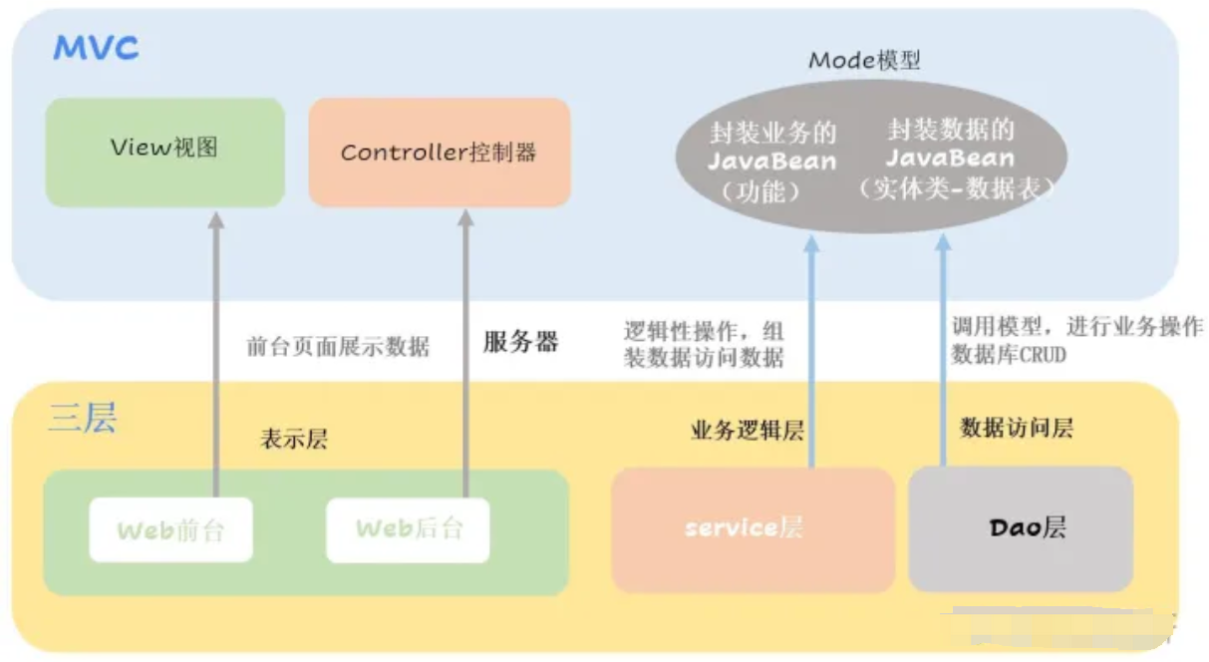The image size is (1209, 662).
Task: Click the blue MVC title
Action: click(96, 48)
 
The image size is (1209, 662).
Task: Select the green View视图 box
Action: click(165, 153)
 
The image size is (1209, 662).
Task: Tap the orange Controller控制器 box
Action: click(440, 153)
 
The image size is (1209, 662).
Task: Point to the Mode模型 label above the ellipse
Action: click(864, 60)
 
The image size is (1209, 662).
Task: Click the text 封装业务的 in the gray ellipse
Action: click(772, 133)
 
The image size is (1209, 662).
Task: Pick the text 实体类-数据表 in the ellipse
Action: click(957, 188)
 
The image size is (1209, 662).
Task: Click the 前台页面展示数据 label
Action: click(338, 346)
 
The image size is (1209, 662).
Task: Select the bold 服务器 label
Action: click(520, 342)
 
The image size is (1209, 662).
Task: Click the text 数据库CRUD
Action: click(1009, 355)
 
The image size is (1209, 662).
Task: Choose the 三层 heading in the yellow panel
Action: click(83, 418)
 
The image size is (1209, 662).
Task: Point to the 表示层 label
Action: click(294, 439)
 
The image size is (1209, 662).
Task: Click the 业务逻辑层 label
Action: click(748, 431)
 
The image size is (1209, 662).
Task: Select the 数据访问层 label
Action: click(1017, 428)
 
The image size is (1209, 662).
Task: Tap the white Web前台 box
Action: click(170, 529)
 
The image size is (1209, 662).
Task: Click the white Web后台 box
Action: click(408, 529)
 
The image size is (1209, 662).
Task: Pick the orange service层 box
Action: click(753, 529)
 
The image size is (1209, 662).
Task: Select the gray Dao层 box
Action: click(1021, 528)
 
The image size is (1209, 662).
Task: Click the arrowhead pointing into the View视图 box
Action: click(216, 219)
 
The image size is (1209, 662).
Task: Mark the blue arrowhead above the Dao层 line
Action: click(943, 242)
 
